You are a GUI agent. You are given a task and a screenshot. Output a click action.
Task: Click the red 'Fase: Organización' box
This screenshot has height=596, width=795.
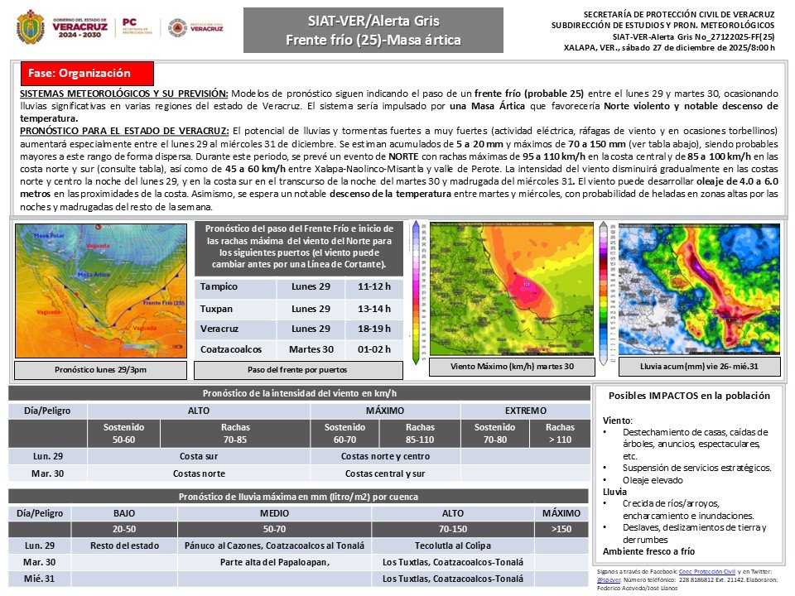(85, 73)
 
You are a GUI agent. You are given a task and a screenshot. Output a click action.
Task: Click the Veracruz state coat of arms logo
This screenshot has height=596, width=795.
(31, 26)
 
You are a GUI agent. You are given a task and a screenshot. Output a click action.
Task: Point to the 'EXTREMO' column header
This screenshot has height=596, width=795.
(526, 411)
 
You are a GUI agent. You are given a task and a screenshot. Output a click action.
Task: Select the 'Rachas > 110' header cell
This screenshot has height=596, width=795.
(560, 433)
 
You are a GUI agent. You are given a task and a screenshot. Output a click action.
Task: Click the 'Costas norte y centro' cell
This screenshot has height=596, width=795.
(385, 455)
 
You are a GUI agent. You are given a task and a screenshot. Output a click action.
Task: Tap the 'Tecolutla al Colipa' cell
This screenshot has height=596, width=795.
(452, 546)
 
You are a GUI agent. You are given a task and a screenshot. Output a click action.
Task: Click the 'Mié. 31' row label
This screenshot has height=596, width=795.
(40, 579)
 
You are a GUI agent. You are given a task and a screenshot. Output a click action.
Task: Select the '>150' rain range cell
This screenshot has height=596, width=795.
(561, 529)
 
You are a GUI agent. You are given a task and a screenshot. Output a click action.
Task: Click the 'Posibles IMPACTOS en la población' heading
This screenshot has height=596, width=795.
(688, 396)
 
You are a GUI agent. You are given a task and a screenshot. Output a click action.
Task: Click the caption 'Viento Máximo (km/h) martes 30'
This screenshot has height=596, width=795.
(511, 365)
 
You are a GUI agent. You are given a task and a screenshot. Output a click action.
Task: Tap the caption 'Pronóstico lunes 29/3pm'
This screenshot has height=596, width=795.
(99, 370)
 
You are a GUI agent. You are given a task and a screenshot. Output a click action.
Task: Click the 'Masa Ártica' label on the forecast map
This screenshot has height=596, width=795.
(95, 274)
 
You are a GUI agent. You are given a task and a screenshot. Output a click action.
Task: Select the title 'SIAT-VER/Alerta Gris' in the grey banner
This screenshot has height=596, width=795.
(373, 21)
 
